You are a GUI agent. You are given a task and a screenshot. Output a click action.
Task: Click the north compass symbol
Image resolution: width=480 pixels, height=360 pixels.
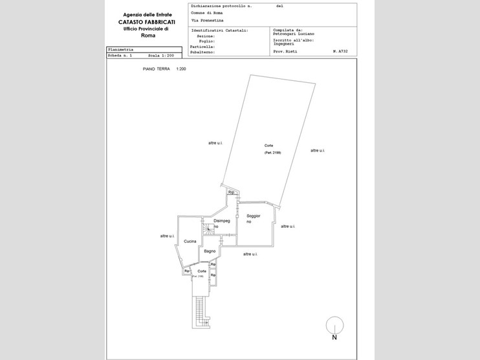(x=334, y=326)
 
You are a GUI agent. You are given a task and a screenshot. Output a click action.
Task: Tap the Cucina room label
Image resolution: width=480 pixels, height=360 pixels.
(x=190, y=242)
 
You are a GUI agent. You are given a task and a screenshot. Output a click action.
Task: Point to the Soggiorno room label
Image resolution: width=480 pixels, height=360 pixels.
(x=253, y=219)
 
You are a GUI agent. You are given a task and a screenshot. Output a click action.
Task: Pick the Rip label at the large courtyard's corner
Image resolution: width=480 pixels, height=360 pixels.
(x=231, y=192)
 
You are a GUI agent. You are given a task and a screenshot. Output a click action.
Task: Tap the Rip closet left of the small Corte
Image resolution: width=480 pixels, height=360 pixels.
(x=187, y=271)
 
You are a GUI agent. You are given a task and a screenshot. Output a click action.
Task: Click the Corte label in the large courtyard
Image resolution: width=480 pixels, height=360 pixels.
(x=268, y=145)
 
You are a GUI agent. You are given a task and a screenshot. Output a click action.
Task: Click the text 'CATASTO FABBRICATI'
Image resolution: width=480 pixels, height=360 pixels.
(x=146, y=21)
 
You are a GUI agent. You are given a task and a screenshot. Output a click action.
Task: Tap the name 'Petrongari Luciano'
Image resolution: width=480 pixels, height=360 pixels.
(x=294, y=34)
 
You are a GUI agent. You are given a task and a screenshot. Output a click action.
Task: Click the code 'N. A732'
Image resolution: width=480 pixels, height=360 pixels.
(x=340, y=50)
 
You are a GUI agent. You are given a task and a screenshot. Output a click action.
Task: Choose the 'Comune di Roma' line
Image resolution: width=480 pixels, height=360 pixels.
(x=206, y=13)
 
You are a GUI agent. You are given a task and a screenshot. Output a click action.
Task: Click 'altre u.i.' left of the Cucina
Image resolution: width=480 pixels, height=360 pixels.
(x=168, y=236)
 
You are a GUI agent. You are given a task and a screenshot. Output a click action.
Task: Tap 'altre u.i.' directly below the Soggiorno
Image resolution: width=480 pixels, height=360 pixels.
(x=251, y=254)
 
